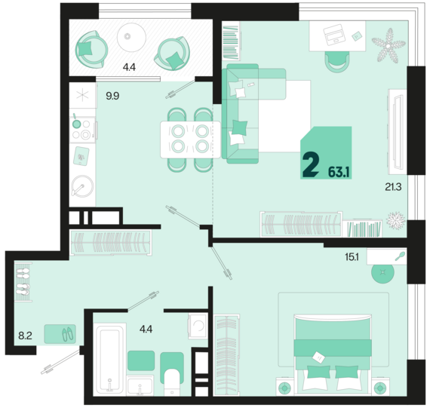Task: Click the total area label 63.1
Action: pos(339,172)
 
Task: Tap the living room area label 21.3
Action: pos(393,187)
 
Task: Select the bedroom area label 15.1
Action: pos(352,257)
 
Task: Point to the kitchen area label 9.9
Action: pos(112,96)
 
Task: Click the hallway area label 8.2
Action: pos(25,336)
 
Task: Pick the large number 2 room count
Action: pos(311,165)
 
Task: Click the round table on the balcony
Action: pos(131,37)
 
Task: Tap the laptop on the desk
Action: pos(334,35)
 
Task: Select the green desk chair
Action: pos(337,62)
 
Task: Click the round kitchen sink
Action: pos(82,186)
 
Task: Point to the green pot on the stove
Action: pos(76,123)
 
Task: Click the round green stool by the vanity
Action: pos(382,272)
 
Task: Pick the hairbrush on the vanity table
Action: pos(400,256)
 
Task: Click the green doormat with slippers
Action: pos(60,334)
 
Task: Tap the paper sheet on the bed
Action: pos(318,357)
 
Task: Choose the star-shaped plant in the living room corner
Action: pos(389,45)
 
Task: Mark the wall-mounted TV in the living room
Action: pos(398,132)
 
